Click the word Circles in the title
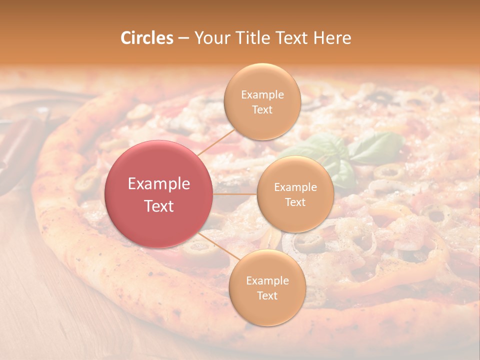click(146, 38)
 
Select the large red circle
click(159, 194)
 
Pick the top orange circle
click(262, 102)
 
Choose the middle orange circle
click(295, 194)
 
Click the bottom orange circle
click(267, 288)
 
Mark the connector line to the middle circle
click(235, 194)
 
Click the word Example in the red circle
click(159, 184)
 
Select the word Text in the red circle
click(159, 206)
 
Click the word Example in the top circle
click(262, 95)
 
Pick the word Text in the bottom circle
click(267, 295)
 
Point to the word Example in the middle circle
click(295, 187)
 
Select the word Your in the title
click(210, 38)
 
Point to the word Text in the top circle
click(262, 109)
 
